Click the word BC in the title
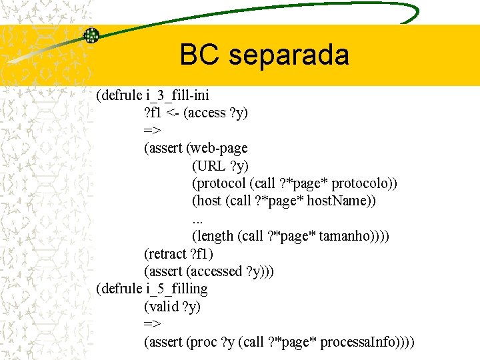pos(202,55)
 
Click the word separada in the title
pos(289,55)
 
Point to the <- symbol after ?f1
pos(172,113)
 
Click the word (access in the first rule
pos(205,113)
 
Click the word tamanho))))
pos(355,235)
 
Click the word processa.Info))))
pos(367,342)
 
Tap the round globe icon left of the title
pos(91,35)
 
